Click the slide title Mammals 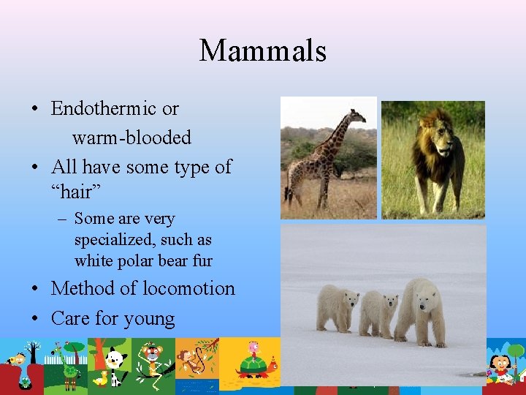point(262,50)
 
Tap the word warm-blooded point(131,138)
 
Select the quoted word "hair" point(75,193)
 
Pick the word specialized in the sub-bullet point(111,239)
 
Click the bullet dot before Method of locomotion point(35,289)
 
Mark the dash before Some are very point(63,219)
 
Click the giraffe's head point(357,115)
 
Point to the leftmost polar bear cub point(337,306)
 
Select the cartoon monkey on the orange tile point(194,358)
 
